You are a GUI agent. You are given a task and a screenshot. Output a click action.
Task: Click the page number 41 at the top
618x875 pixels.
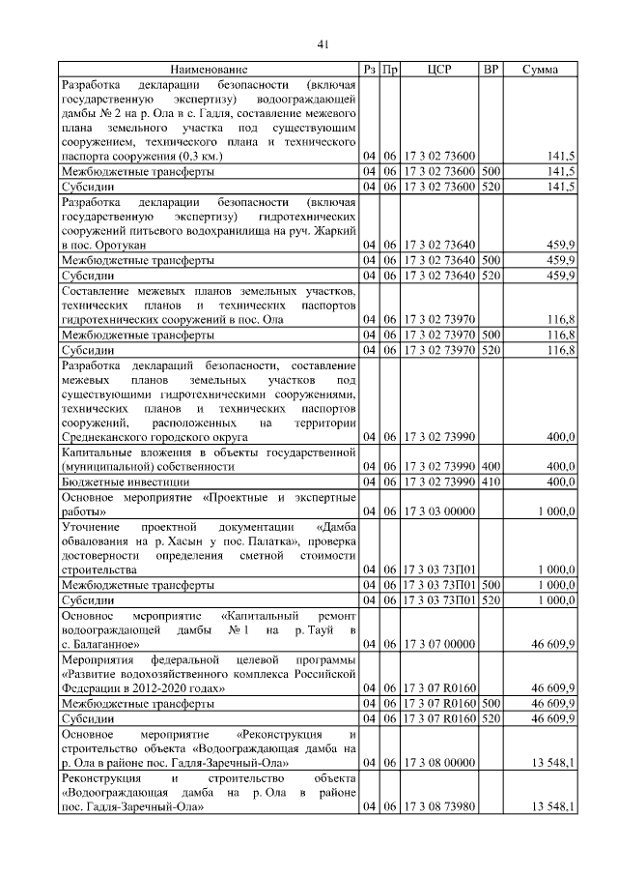click(324, 44)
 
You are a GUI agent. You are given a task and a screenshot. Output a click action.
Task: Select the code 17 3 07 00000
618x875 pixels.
click(437, 643)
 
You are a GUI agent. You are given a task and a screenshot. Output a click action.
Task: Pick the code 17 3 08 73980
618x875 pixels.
click(437, 806)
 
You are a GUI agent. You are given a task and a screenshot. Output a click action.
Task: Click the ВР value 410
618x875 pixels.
click(491, 481)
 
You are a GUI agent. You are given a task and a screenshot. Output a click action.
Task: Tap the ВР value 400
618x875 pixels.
click(491, 466)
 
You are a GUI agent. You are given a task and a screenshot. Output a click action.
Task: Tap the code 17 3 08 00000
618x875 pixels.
click(437, 762)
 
